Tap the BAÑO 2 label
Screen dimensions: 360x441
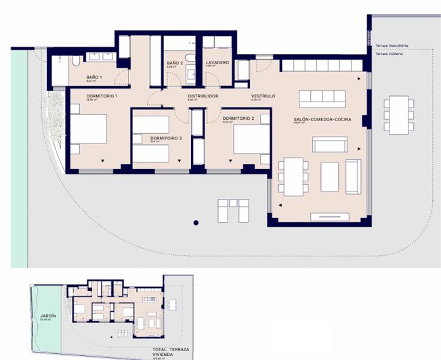point(175,62)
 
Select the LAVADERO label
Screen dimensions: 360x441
point(217,62)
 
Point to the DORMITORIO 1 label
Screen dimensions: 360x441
point(102,96)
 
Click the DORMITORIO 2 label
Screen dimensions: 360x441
point(238,118)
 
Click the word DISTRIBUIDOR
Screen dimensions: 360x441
point(203,96)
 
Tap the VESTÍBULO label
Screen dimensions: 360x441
point(263,96)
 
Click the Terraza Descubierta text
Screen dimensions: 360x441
point(391,46)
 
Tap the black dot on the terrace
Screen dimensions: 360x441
point(196,222)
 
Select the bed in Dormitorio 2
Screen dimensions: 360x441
point(252,140)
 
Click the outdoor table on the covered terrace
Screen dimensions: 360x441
point(399,116)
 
